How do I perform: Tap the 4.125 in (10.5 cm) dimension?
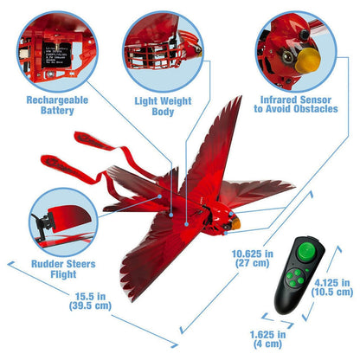[x=333, y=286]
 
